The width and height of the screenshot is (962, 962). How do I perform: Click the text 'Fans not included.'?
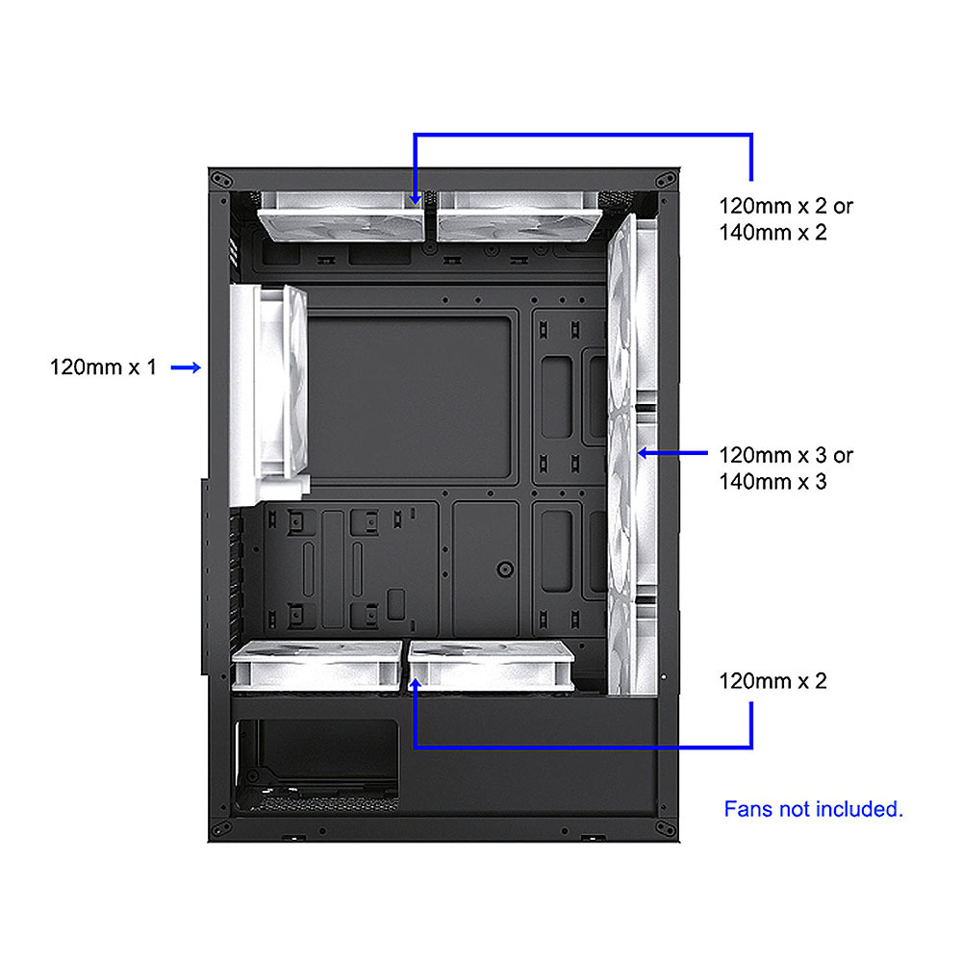(x=814, y=809)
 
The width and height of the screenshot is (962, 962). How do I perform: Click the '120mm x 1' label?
(x=103, y=367)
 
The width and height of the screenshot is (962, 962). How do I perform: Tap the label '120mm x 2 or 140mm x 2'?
(x=786, y=219)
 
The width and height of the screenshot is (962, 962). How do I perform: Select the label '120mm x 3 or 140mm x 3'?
(x=786, y=468)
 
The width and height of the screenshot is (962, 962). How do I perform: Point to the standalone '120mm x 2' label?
(x=773, y=681)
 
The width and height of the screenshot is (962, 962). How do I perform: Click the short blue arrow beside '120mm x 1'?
(x=186, y=367)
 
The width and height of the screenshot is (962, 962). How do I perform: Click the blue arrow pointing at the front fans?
(x=672, y=453)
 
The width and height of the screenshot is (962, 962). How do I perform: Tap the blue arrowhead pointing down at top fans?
(x=416, y=199)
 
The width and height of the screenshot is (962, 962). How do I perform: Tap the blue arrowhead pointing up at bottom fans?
(x=416, y=683)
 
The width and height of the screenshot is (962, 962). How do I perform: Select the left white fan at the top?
(x=342, y=216)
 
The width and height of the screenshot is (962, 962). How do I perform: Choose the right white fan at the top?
(x=519, y=216)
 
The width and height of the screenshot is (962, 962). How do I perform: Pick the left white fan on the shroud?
(x=316, y=666)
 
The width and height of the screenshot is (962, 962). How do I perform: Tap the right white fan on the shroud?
(x=492, y=666)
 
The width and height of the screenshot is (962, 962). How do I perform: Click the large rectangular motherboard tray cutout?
(x=409, y=397)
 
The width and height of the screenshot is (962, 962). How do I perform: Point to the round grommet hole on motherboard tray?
(x=505, y=570)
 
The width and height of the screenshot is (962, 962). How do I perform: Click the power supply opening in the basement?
(x=317, y=766)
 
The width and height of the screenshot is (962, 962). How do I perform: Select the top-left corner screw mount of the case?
(x=221, y=180)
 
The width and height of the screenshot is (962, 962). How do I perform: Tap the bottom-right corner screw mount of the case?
(x=666, y=828)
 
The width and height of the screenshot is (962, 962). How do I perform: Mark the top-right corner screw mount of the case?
(x=666, y=180)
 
